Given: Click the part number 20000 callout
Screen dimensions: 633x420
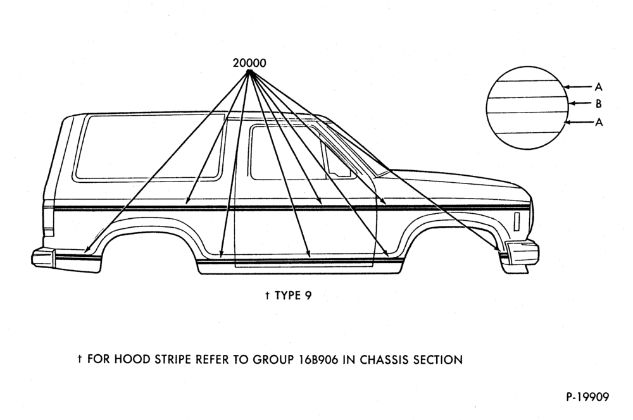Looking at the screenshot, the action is click(249, 63).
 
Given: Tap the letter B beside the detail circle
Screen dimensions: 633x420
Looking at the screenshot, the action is click(599, 104).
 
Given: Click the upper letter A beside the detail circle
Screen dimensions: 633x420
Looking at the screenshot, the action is click(598, 87).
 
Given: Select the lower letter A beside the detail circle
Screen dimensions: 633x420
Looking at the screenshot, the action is click(599, 122).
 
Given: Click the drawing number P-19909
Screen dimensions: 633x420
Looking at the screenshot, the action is click(587, 397).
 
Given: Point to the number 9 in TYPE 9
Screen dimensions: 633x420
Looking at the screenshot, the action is click(308, 296).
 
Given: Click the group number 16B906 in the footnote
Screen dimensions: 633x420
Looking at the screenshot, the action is click(318, 359).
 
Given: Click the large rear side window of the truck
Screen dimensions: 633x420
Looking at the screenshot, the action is click(149, 147).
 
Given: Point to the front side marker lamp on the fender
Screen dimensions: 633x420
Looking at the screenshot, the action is click(517, 221).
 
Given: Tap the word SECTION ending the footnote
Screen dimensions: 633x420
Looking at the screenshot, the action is click(437, 359).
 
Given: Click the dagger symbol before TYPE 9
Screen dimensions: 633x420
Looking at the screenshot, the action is click(267, 296).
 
